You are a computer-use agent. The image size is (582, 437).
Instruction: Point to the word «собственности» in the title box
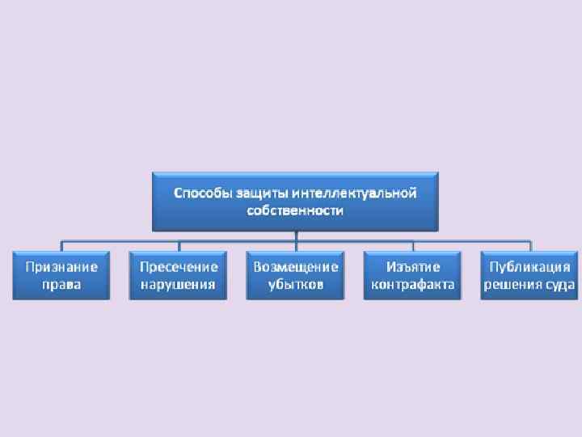tap(295, 210)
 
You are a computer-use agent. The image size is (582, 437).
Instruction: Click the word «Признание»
tap(61, 267)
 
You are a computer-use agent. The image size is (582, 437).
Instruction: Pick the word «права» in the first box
tap(61, 284)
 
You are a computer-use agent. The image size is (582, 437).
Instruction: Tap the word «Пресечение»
tap(179, 267)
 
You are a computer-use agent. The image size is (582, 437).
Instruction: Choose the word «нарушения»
tap(179, 284)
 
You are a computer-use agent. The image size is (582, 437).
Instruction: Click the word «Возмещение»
tap(295, 267)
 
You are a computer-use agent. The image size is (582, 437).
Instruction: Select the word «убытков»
tap(295, 284)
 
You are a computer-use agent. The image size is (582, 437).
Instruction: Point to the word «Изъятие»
tap(412, 267)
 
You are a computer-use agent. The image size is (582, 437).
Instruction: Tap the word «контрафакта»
tap(412, 284)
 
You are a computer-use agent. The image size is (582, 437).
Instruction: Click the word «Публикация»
tap(529, 267)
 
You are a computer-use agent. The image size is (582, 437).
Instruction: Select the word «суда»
tap(560, 284)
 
